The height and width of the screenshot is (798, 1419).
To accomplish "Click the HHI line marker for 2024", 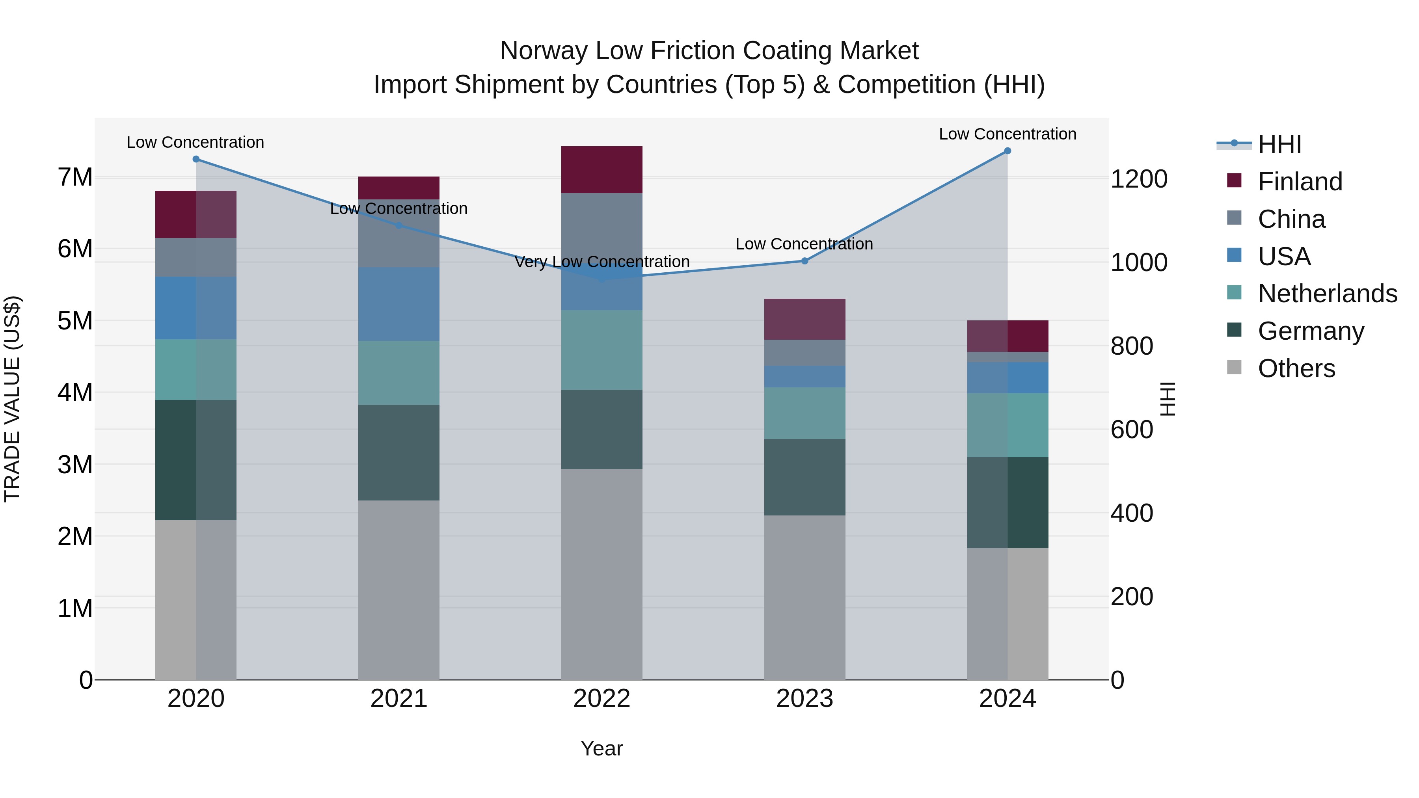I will [1007, 151].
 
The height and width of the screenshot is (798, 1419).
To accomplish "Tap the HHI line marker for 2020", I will [196, 159].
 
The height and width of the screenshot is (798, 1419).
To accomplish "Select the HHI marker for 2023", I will [805, 261].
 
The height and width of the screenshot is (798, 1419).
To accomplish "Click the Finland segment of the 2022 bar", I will [601, 169].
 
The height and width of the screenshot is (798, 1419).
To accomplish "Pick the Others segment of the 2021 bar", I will [399, 589].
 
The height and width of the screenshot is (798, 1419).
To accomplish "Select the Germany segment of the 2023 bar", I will [805, 477].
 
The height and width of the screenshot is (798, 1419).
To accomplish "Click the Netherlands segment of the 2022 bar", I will [601, 350].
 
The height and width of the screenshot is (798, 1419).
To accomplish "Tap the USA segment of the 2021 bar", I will [399, 304].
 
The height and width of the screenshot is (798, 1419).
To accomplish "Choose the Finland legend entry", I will [1300, 182].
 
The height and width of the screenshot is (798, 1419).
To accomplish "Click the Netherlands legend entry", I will [1327, 294].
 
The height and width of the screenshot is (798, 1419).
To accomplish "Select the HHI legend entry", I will [1279, 144].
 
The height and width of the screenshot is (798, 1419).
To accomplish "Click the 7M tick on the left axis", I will [75, 177].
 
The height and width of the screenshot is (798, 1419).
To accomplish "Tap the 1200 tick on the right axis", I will [1139, 179].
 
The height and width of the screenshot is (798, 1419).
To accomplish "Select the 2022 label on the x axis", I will [601, 699].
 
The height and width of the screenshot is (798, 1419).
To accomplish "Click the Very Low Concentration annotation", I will [601, 262].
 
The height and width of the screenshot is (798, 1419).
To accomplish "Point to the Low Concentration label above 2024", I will [1007, 134].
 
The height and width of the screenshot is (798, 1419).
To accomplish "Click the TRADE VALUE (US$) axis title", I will [12, 399].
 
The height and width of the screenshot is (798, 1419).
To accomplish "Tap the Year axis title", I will [601, 748].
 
